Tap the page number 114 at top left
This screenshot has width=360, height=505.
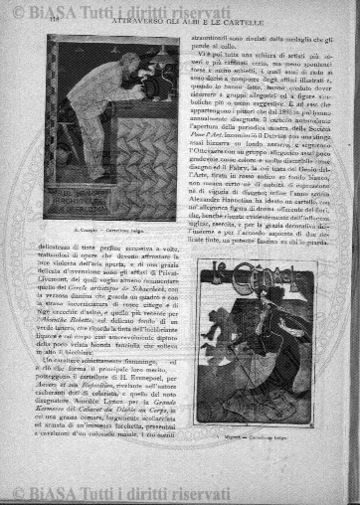pyautogui.click(x=46, y=28)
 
